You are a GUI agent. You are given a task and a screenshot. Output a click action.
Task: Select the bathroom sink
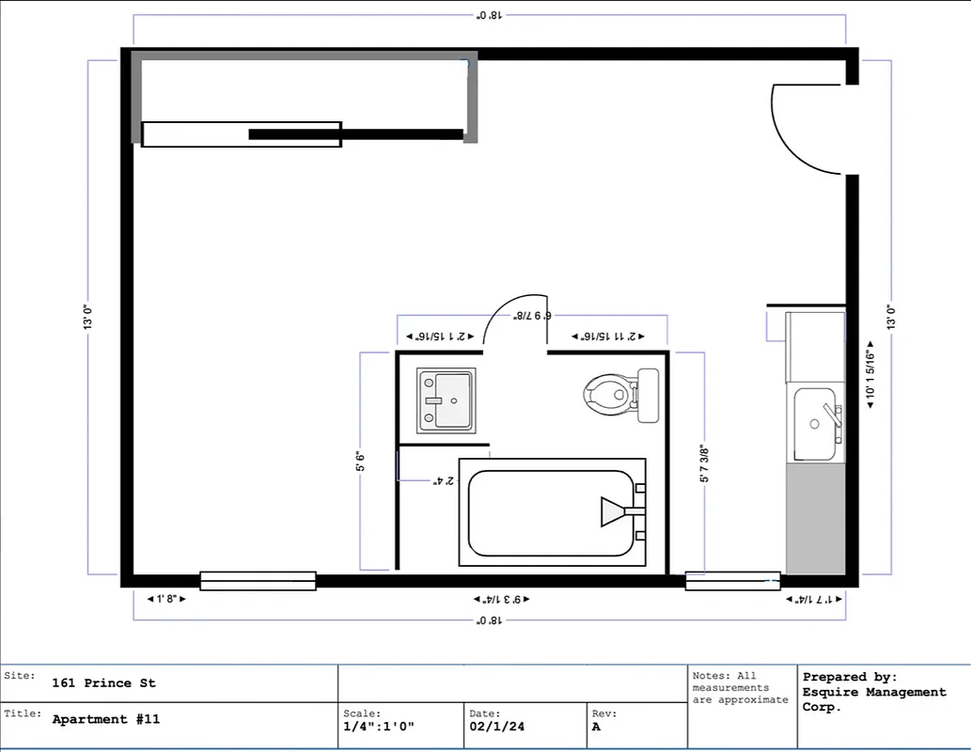446,399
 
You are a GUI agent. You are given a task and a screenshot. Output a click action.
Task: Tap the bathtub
551,512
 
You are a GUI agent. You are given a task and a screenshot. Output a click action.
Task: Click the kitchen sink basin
814,424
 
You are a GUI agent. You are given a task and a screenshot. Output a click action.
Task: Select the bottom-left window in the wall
258,581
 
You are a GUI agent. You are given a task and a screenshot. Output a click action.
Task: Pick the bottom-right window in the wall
732,581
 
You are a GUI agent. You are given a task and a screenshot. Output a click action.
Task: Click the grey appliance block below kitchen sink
815,519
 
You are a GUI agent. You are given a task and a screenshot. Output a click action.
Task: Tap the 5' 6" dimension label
359,462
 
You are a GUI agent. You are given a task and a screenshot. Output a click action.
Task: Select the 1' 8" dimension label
166,598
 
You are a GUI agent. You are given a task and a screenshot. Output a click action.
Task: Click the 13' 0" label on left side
88,316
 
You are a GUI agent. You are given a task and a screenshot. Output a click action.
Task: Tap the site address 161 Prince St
103,683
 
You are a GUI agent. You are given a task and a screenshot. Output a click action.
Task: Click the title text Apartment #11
106,719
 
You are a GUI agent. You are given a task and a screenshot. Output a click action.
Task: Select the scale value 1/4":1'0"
379,727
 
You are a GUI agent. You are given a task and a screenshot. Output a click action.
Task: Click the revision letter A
597,727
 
